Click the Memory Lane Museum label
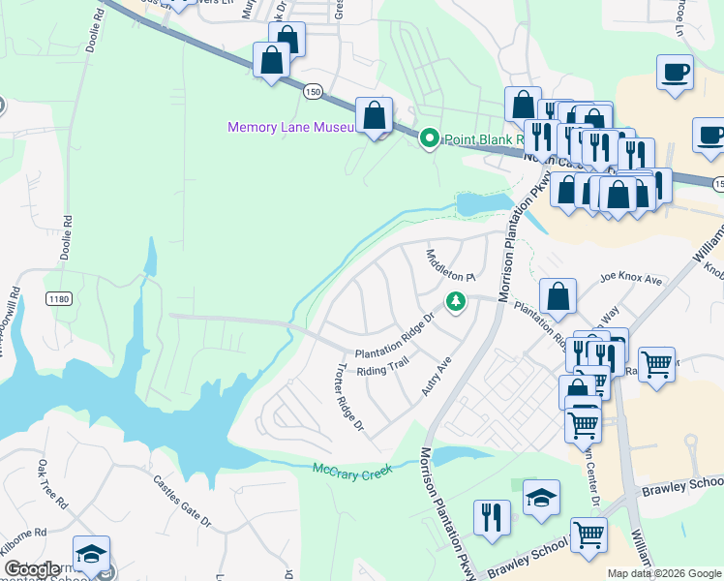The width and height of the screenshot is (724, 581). tap(287, 128)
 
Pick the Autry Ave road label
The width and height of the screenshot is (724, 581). tap(437, 376)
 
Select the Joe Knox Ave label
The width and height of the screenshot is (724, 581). tap(630, 280)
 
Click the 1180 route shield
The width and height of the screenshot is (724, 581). tap(58, 300)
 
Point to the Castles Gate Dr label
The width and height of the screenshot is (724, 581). tap(182, 500)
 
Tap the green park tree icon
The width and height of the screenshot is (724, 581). tap(455, 304)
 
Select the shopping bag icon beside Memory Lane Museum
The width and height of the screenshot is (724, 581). tap(374, 116)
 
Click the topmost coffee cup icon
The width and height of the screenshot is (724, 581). tap(675, 72)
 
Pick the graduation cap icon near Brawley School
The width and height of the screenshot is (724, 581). tap(542, 498)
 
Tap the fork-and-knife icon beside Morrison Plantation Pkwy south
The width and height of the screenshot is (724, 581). tap(493, 517)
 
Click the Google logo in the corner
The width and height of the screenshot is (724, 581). tap(32, 569)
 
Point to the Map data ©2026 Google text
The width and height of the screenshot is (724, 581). tap(663, 573)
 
